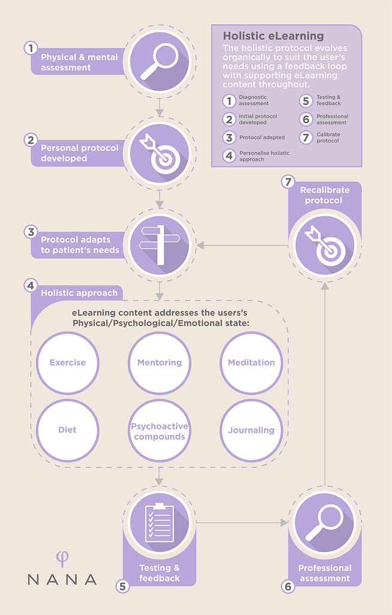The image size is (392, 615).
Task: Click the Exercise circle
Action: pyautogui.click(x=67, y=363)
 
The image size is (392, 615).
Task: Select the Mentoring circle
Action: pyautogui.click(x=160, y=363)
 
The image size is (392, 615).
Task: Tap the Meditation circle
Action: pyautogui.click(x=252, y=363)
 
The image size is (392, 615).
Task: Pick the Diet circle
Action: pyautogui.click(x=67, y=430)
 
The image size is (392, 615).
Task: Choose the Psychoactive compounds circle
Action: pyautogui.click(x=160, y=430)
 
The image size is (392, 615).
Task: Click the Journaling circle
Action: pyautogui.click(x=252, y=430)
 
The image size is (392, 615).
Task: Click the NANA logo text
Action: pyautogui.click(x=62, y=580)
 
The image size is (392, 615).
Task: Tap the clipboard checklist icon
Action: pyautogui.click(x=159, y=523)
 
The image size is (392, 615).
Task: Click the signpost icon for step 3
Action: pyautogui.click(x=159, y=245)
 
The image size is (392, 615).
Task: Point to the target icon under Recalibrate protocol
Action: pyautogui.click(x=325, y=246)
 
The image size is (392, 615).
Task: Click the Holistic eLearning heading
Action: pyautogui.click(x=273, y=36)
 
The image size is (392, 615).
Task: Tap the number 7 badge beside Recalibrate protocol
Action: pyautogui.click(x=288, y=182)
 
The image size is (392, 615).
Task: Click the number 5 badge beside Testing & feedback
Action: pyautogui.click(x=122, y=586)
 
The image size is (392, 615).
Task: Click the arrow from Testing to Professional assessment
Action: pyautogui.click(x=243, y=523)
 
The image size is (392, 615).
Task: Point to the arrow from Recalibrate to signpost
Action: pyautogui.click(x=243, y=246)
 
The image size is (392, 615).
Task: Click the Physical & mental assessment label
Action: pyautogui.click(x=79, y=62)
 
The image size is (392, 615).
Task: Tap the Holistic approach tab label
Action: pyautogui.click(x=79, y=293)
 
